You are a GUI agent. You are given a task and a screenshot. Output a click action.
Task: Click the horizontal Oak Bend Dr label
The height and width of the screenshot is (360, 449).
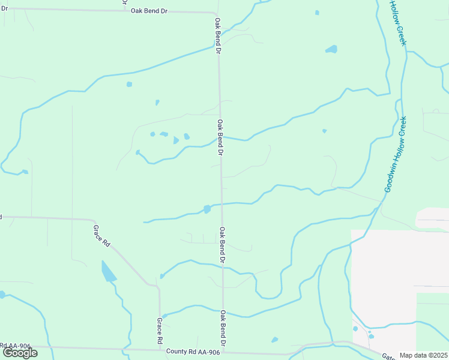148,11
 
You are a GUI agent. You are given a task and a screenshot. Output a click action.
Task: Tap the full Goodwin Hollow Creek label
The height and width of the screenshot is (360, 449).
396,154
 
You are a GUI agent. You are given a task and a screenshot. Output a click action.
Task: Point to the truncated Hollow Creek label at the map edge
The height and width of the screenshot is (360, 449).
398,22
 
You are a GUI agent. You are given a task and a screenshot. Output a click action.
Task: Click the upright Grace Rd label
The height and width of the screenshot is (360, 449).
160,331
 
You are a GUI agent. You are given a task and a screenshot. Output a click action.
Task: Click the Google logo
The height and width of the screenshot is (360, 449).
20,353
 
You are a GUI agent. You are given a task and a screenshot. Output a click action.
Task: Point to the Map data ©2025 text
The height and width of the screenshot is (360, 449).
423,355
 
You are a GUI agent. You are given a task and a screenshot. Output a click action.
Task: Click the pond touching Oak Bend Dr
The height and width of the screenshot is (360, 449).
207,209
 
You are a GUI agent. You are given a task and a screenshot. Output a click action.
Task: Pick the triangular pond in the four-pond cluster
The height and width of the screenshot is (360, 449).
175,140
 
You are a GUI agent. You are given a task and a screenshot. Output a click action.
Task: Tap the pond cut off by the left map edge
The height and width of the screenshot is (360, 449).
2,295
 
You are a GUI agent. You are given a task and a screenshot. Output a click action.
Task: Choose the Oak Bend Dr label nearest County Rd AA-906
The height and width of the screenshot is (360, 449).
223,328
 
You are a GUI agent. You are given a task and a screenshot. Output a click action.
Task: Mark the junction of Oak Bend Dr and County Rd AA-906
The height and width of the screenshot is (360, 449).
223,353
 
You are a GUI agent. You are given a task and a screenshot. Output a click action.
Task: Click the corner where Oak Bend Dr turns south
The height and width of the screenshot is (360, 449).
216,13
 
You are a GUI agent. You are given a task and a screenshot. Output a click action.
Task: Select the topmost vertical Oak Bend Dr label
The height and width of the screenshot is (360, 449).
218,36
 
